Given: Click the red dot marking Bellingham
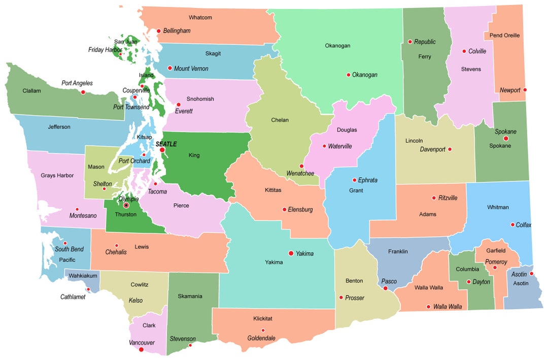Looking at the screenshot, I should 158,31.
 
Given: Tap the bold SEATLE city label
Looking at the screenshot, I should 166,144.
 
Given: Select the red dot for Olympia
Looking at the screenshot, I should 126,205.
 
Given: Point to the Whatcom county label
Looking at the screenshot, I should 200,18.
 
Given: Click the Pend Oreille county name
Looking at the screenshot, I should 504,36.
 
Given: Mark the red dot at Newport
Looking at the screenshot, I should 525,90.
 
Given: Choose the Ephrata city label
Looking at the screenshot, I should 368,180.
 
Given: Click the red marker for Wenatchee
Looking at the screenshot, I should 301,166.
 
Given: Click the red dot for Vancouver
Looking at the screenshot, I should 141,349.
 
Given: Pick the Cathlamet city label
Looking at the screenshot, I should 73,297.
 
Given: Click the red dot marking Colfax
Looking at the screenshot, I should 513,224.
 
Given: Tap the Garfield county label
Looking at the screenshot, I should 496,250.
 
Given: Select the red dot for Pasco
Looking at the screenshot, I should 386,288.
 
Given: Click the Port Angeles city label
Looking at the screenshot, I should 77,83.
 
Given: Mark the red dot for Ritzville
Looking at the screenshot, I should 434,198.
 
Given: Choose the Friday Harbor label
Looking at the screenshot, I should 105,50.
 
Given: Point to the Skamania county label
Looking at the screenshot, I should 190,296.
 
